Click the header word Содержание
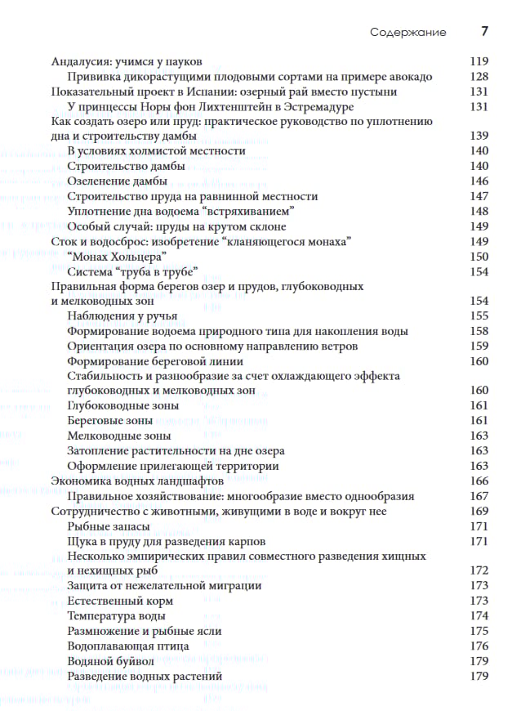tap(408, 33)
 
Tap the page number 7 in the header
tap(484, 33)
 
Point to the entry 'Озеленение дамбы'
tap(118, 181)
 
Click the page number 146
tap(479, 181)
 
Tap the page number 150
tap(479, 257)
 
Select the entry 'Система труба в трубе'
tap(133, 271)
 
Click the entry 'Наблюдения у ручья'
tap(122, 316)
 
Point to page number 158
tap(479, 331)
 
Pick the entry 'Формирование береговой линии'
tap(155, 361)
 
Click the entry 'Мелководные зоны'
tap(119, 436)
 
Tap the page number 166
tap(479, 481)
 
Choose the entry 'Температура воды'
tap(118, 615)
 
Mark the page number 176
tap(479, 646)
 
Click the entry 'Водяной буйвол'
tap(112, 660)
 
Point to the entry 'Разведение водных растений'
tap(145, 676)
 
